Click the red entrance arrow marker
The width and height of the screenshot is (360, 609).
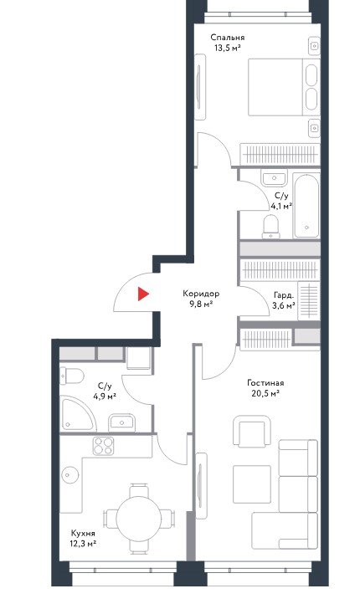pos(142,294)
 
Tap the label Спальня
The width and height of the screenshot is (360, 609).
pos(228,38)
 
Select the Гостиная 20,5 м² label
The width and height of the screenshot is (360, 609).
pos(265,388)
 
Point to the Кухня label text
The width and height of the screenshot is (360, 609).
pos(83,533)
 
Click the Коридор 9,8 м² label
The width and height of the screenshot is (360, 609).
pos(201,299)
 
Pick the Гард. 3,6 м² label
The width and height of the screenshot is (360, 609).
pos(284,300)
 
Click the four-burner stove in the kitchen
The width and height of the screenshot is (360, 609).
pos(103,446)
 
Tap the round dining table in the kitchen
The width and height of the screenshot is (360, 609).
pos(139,517)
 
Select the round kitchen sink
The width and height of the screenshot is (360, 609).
pos(70,474)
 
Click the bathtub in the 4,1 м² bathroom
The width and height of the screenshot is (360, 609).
pos(306,206)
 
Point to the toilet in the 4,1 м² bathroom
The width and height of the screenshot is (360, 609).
pos(271,227)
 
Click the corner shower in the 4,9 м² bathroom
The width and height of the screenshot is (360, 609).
pos(77,414)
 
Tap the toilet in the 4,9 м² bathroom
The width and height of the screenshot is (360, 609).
pos(72,376)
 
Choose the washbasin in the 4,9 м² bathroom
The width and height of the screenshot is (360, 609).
pos(121,422)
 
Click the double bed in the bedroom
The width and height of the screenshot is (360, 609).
pos(284,87)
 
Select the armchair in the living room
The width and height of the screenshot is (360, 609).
pos(251,431)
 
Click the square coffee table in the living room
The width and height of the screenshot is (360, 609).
pos(252,484)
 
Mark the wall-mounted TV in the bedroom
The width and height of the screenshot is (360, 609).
pos(200,87)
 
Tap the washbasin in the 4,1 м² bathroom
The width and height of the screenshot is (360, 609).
pos(274,179)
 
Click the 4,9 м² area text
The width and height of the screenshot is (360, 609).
pos(105,397)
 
